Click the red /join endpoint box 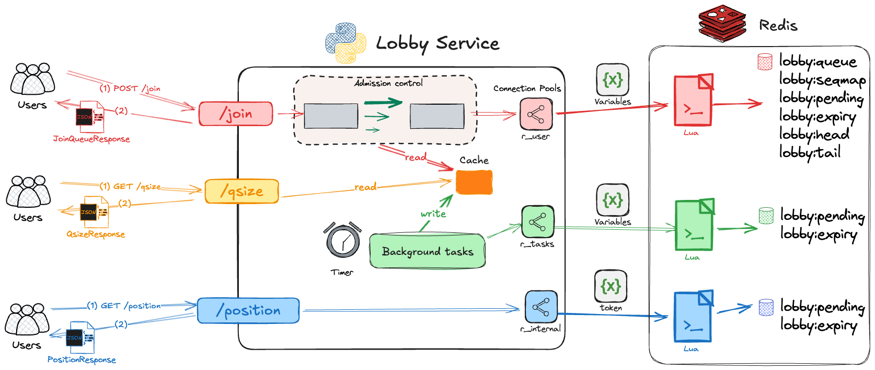point(236,114)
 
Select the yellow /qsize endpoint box point(241,191)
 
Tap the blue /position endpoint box point(248,310)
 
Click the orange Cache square point(474,182)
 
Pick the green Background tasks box point(428,251)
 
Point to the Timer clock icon point(343,241)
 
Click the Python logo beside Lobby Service point(346,42)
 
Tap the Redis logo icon point(722,24)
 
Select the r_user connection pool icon point(536,114)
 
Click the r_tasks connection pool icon point(537,221)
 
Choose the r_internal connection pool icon point(541,307)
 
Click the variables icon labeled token point(611,286)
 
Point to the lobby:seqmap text point(822,80)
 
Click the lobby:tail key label point(810,152)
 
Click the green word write point(433,214)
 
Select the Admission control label point(388,83)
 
